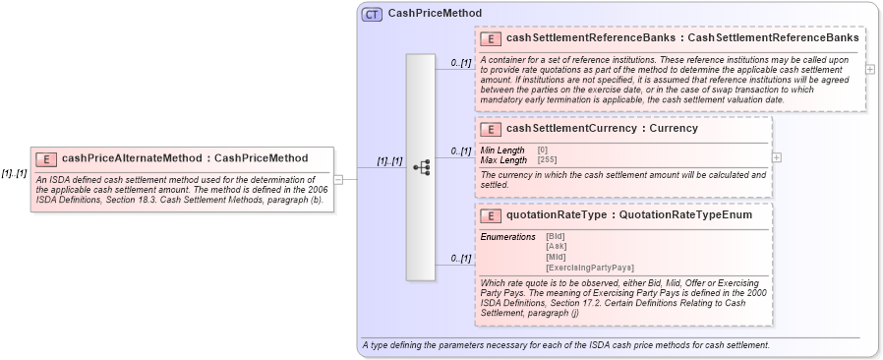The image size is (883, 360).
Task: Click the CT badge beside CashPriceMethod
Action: [372, 14]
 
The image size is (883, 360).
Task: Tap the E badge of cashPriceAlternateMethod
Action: [45, 158]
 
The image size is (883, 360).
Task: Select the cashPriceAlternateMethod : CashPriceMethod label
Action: [184, 158]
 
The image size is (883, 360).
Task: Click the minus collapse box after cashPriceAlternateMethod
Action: [338, 180]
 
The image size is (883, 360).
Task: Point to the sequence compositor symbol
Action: [421, 167]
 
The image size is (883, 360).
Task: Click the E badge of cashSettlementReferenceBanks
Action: [490, 38]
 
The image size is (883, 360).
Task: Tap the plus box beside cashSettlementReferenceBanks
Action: [869, 69]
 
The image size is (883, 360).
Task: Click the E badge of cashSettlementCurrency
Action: [490, 129]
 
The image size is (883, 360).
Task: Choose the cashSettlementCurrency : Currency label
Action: [602, 129]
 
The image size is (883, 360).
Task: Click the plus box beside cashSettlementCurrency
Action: [777, 157]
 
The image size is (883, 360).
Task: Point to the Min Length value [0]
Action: [542, 150]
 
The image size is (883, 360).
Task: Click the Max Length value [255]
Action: [548, 158]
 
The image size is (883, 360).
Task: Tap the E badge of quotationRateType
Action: [490, 215]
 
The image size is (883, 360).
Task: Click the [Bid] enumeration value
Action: [556, 237]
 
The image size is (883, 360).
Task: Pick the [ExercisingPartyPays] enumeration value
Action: [589, 268]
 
